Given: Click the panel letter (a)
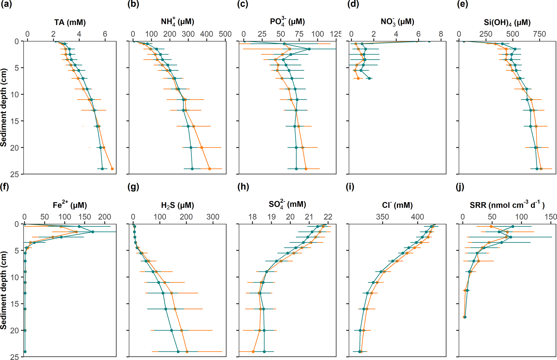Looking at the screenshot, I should tap(6, 5).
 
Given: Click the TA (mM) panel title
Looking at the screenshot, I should tap(70, 22).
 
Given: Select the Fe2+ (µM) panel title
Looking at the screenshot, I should tap(70, 205).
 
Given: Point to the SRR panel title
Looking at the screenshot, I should tap(507, 205).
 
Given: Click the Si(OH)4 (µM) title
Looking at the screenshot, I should tap(507, 22).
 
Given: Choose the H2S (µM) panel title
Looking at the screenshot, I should tap(178, 205).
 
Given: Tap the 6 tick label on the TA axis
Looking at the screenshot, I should tap(105, 34).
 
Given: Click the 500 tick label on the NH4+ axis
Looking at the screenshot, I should tap(225, 34).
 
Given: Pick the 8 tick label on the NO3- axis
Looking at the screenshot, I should tap(441, 34).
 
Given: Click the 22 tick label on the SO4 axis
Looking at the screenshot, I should tap(328, 217).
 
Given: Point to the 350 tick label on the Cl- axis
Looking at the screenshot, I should tap(382, 217).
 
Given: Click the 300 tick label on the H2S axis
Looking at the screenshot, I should tap(213, 217).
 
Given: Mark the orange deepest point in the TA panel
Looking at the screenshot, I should tap(112, 169).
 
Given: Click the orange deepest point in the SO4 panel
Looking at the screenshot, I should tap(253, 352).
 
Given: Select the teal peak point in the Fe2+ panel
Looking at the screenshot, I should tap(93, 232).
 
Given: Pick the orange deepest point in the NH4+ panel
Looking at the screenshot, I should tap(210, 169).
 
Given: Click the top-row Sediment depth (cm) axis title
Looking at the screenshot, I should tap(4, 107).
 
